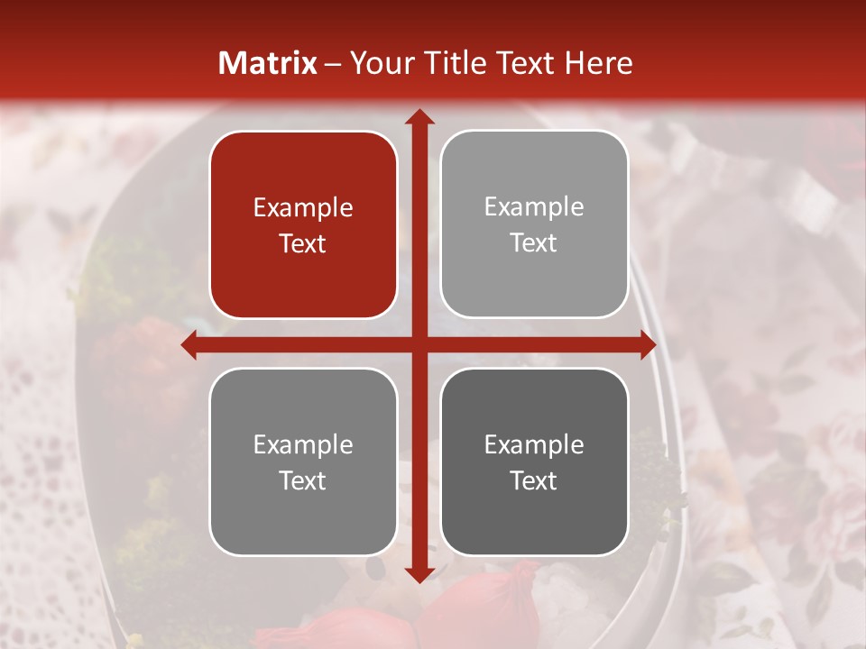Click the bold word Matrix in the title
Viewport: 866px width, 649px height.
click(x=268, y=63)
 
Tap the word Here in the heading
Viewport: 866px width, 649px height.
click(x=598, y=63)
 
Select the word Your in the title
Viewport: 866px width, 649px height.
click(x=379, y=63)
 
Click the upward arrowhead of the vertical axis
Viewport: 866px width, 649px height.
click(x=419, y=118)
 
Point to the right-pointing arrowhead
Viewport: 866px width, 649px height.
click(x=647, y=345)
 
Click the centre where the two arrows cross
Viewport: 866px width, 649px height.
click(x=419, y=345)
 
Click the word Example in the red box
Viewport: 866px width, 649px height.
click(x=303, y=208)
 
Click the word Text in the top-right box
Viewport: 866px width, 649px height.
click(x=534, y=242)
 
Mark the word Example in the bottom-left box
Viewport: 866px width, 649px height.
click(x=303, y=445)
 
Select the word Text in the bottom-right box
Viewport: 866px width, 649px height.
click(x=534, y=480)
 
